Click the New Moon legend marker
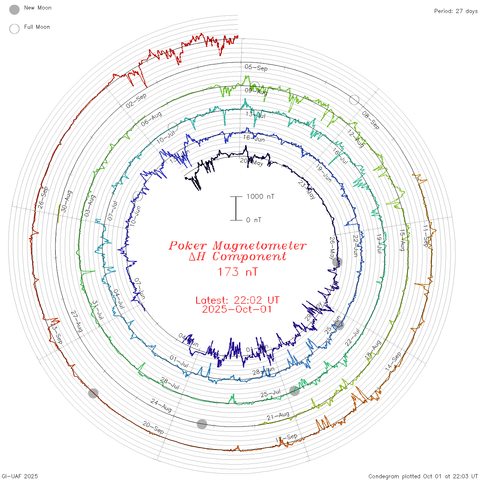pos(14,10)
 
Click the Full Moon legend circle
pos(14,29)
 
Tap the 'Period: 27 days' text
pos(456,11)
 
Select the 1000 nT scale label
pos(260,196)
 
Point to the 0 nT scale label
pos(254,220)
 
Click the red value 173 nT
pos(237,272)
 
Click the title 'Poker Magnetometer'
pos(237,245)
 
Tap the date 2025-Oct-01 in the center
pos(237,309)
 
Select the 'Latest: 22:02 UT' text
pos(237,300)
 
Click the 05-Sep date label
pos(256,68)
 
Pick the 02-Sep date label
pos(136,100)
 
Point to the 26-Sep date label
pos(43,197)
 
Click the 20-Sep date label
pos(153,428)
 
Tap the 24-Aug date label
pos(161,405)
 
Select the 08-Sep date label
pos(371,120)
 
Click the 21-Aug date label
pos(278,416)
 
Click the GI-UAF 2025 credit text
pos(20,476)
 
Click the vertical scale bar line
pos(236,208)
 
